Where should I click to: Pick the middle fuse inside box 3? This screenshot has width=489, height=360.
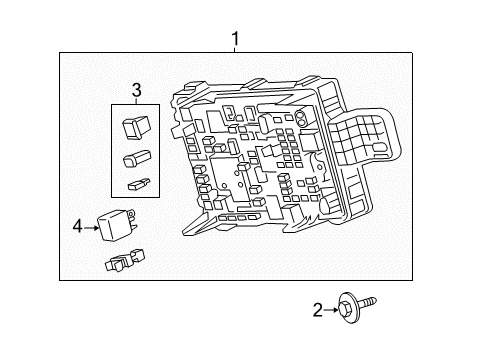pos(135,158)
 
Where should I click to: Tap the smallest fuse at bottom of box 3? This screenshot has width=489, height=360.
pos(136,183)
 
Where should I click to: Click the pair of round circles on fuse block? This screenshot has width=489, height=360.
pos(301,117)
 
